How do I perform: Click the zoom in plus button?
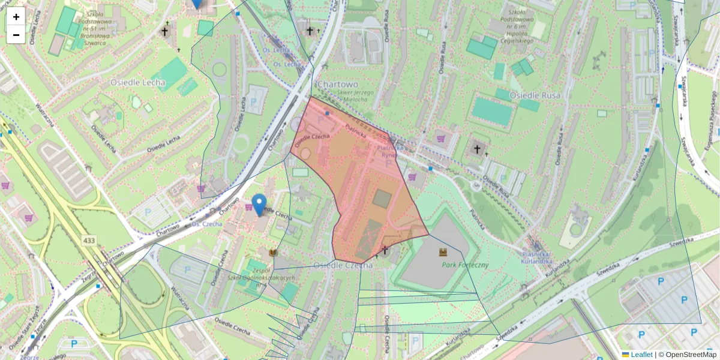click(16, 17)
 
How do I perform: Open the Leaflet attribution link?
click(641, 355)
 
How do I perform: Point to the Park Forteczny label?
click(465, 264)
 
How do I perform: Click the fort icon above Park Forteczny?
click(443, 252)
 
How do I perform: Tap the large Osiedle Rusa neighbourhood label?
click(534, 95)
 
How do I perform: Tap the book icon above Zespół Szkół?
click(274, 253)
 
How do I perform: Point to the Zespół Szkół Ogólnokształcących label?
click(261, 274)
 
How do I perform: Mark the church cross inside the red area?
click(385, 249)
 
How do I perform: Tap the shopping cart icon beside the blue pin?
click(248, 207)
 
